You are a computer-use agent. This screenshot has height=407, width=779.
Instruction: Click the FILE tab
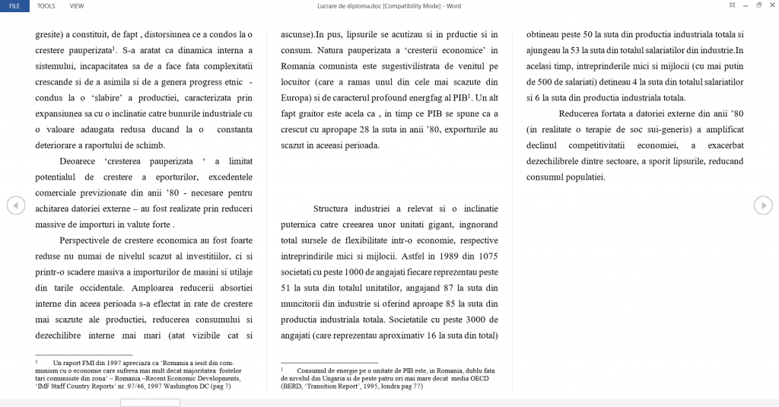point(14,5)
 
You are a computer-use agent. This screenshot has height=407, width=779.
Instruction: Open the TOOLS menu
point(46,5)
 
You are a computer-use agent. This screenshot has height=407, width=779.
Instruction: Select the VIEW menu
point(77,5)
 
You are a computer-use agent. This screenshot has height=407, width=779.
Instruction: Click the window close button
point(771,5)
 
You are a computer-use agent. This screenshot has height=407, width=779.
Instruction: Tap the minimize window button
point(745,5)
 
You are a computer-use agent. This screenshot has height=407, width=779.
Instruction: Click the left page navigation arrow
point(15,205)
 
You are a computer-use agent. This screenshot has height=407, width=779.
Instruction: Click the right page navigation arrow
point(763,205)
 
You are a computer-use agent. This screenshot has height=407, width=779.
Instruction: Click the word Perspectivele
point(85,240)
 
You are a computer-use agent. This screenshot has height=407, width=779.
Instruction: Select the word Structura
point(336,208)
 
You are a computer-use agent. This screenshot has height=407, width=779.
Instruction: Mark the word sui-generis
point(660,129)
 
